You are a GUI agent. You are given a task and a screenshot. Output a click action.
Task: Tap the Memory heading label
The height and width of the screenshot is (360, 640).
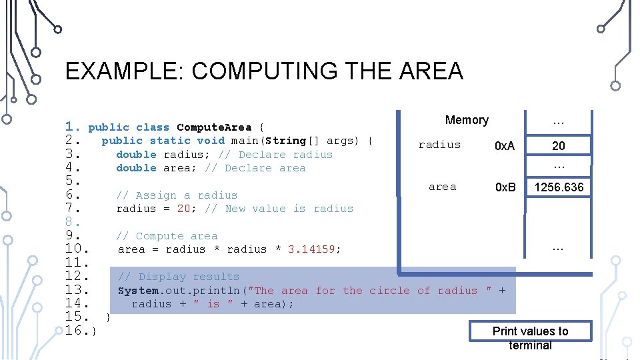pos(467,120)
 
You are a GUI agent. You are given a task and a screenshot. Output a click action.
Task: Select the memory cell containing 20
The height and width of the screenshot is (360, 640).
pos(559,146)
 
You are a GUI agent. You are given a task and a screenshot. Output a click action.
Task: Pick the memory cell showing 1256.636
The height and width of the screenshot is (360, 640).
pos(559,187)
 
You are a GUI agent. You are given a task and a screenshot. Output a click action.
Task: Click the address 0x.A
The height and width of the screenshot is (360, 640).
pos(505,146)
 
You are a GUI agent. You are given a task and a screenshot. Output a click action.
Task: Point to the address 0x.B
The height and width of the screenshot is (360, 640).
pos(505,187)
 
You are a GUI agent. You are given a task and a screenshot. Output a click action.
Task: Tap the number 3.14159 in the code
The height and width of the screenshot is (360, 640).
pos(314,249)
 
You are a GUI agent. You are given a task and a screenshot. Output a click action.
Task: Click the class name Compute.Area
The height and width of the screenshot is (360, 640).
pos(214,127)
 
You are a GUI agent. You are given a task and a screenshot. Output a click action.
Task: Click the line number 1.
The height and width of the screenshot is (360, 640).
pos(73,127)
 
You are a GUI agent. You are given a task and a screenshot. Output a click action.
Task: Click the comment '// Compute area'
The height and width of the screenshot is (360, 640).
pos(167,236)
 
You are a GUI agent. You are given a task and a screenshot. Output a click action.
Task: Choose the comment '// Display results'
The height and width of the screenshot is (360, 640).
pos(178,277)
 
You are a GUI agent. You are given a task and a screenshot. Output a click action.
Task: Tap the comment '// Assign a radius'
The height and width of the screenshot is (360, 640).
pos(177,195)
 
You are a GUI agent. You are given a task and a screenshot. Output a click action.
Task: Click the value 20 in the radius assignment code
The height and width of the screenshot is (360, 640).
pos(184,209)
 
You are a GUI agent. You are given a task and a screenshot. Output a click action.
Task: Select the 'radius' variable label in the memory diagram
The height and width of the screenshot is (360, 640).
pos(439,145)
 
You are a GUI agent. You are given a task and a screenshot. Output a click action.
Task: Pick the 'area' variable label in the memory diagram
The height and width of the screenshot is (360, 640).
pos(443,187)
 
